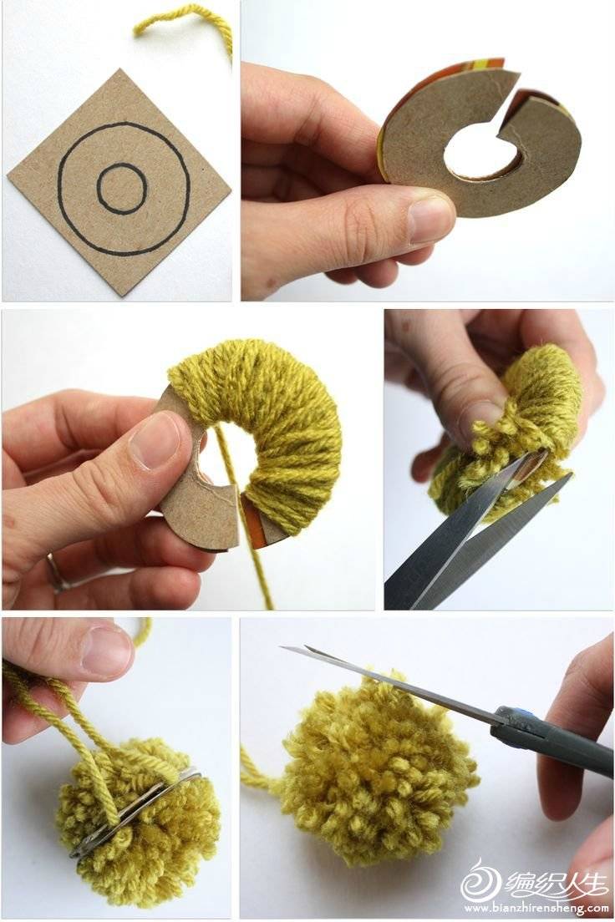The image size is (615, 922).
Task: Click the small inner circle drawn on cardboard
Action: pos(99,188)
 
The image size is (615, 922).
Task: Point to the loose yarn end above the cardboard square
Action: pos(194,18)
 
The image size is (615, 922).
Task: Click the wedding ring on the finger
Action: pos(56,572)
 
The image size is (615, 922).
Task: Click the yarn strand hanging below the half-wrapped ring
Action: pos(244,518)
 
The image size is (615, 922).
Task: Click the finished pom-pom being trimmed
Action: pos(377,770)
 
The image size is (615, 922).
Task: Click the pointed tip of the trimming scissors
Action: pos(282,646)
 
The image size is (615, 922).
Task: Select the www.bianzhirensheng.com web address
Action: pos(536,909)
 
